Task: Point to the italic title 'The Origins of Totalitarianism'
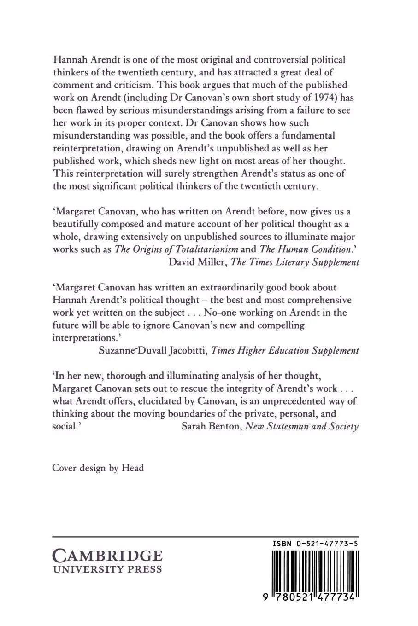[177, 249]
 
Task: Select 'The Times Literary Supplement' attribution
[294, 262]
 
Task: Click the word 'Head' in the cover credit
[133, 468]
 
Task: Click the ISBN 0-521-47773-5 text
[316, 544]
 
